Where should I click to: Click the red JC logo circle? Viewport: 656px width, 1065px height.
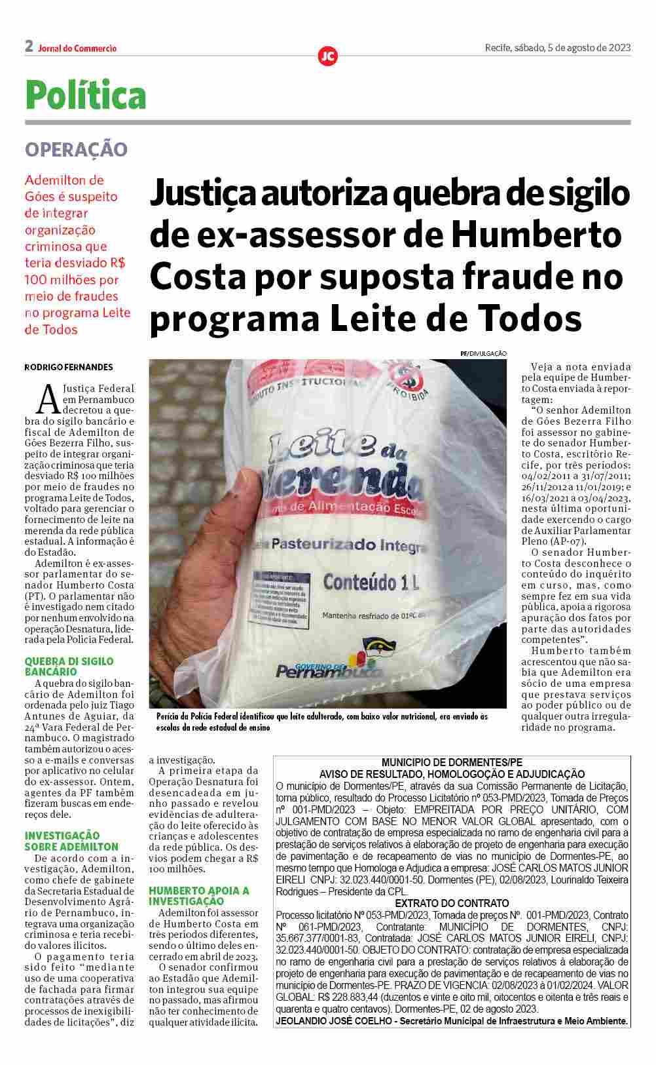327,56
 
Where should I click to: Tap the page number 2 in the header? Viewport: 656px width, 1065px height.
29,46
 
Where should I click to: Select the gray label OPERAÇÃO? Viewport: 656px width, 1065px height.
76,149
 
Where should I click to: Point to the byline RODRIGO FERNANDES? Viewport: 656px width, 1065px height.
69,367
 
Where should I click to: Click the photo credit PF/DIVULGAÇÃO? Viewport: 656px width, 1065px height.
483,353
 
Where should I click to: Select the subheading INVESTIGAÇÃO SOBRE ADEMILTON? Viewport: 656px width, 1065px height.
71,841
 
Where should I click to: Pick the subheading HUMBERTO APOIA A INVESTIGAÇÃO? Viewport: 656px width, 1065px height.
199,896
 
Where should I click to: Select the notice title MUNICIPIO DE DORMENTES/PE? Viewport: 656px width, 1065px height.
452,762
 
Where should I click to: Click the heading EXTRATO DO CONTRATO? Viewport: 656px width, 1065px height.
452,903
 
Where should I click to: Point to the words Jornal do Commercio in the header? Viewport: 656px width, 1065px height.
77,48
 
